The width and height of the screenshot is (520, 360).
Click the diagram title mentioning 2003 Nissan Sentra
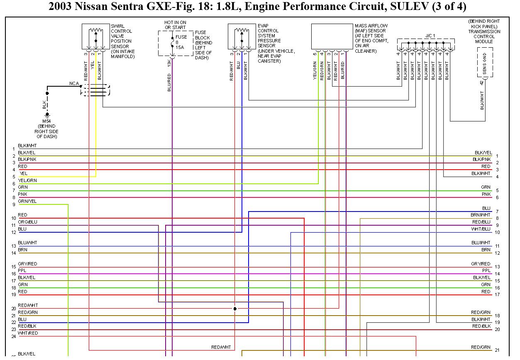(x=257, y=7)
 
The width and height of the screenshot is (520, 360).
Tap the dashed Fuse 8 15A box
(x=176, y=43)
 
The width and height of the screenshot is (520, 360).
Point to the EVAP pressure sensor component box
(x=242, y=36)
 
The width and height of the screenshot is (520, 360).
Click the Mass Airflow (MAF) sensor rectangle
(x=332, y=36)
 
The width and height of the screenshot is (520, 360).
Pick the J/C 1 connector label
(x=430, y=36)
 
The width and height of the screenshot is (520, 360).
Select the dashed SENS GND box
(x=485, y=62)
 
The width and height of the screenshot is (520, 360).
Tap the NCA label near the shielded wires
(x=74, y=83)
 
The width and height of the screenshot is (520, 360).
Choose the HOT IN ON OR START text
(x=175, y=24)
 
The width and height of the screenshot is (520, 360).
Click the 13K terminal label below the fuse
(x=169, y=63)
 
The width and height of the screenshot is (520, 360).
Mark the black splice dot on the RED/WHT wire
(x=235, y=309)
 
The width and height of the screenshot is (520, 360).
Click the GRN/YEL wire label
(x=27, y=201)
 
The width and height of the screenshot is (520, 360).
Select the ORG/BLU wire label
(x=27, y=222)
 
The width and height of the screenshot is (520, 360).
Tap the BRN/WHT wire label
(x=481, y=215)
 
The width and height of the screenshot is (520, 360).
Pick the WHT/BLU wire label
(x=481, y=229)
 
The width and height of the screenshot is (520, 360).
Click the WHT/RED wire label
(x=28, y=333)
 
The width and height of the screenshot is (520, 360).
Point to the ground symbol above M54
(x=47, y=114)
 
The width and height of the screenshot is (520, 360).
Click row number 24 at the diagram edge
(x=14, y=336)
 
